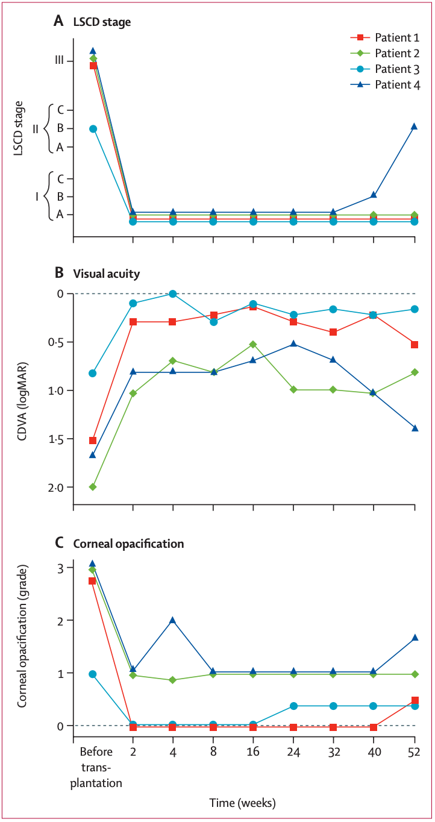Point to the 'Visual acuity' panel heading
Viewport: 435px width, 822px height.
pos(106,274)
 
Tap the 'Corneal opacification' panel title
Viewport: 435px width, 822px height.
pos(128,544)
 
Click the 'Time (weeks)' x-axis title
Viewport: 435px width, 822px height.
pos(242,803)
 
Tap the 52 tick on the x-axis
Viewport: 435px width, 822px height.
pos(415,753)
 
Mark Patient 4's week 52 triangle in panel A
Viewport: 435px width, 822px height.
pos(415,126)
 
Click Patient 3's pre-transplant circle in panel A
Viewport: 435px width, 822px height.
pos(93,129)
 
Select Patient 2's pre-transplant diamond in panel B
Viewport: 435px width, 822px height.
pos(93,486)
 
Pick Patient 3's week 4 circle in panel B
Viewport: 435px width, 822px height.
pos(173,294)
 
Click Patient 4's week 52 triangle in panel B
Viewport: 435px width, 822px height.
pos(415,428)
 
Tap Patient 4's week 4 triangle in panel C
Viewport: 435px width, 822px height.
pos(173,620)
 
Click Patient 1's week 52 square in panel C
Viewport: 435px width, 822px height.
pos(415,700)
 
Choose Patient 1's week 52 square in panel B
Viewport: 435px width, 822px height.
pos(415,344)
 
